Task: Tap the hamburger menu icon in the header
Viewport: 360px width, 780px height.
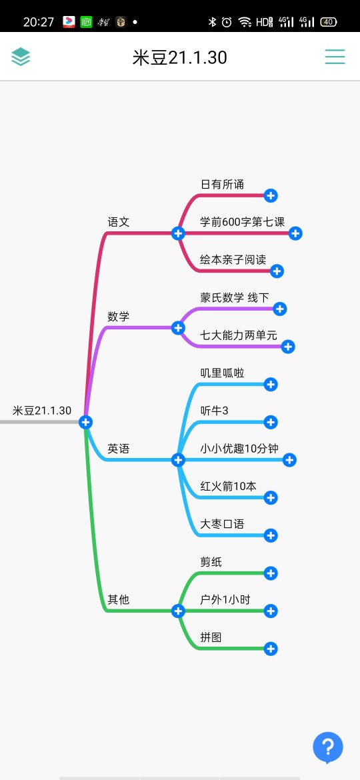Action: (335, 57)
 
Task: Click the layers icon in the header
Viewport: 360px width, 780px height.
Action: (21, 57)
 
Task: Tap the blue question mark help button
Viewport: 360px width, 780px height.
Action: (328, 747)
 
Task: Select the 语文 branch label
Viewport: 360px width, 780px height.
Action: (119, 222)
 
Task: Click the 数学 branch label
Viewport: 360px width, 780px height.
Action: (119, 317)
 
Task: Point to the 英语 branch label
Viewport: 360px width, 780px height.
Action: (119, 449)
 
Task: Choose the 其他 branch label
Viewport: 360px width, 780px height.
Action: (119, 599)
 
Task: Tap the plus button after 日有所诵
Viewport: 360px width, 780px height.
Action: (271, 195)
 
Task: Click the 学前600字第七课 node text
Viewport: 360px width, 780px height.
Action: (242, 222)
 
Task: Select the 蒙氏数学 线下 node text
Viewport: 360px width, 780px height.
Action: (234, 297)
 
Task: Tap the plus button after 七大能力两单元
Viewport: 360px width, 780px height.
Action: (288, 347)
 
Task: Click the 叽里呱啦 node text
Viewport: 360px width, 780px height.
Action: (222, 373)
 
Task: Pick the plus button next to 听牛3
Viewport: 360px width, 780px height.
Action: (271, 423)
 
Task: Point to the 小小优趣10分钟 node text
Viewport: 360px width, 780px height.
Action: (239, 448)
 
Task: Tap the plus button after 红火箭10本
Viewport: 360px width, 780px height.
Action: (271, 497)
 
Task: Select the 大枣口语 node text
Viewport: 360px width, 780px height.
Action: (222, 524)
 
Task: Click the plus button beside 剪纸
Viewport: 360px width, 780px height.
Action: (271, 573)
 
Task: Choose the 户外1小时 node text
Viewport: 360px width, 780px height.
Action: (225, 599)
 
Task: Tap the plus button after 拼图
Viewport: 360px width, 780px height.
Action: (271, 649)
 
